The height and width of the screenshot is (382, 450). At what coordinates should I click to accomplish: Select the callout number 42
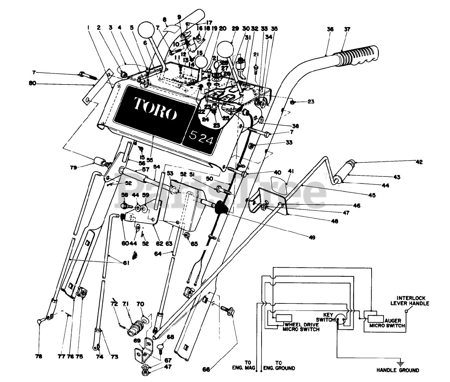coord(419,162)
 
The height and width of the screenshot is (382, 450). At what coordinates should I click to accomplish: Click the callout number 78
coord(39,356)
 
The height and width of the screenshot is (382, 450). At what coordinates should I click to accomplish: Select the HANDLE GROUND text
coord(398,370)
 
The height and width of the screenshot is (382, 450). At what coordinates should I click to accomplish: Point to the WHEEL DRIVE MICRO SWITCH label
coord(302,327)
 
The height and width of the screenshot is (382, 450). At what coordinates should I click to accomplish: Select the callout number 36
coord(330,30)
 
